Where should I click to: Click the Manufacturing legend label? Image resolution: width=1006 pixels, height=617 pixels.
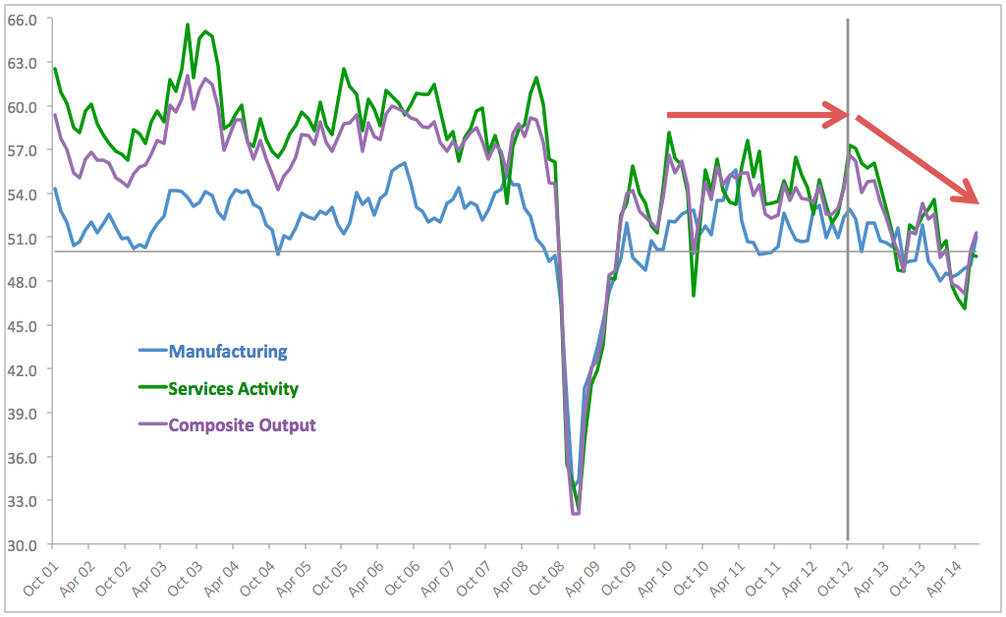(228, 351)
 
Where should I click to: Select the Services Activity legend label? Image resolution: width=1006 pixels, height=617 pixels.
(233, 388)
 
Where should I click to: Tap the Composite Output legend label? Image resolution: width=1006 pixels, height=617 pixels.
(242, 425)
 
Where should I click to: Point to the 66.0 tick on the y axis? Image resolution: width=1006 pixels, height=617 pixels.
(22, 19)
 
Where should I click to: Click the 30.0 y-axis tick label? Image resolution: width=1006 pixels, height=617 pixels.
(22, 544)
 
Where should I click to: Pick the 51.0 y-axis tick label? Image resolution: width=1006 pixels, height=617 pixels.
(22, 238)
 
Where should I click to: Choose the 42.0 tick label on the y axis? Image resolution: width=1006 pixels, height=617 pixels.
(22, 369)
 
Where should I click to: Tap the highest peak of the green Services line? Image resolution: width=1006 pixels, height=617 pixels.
(188, 25)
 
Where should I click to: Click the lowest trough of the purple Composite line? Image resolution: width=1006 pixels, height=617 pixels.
(576, 513)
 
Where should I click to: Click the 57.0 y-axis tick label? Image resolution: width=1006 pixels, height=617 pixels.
(22, 150)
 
